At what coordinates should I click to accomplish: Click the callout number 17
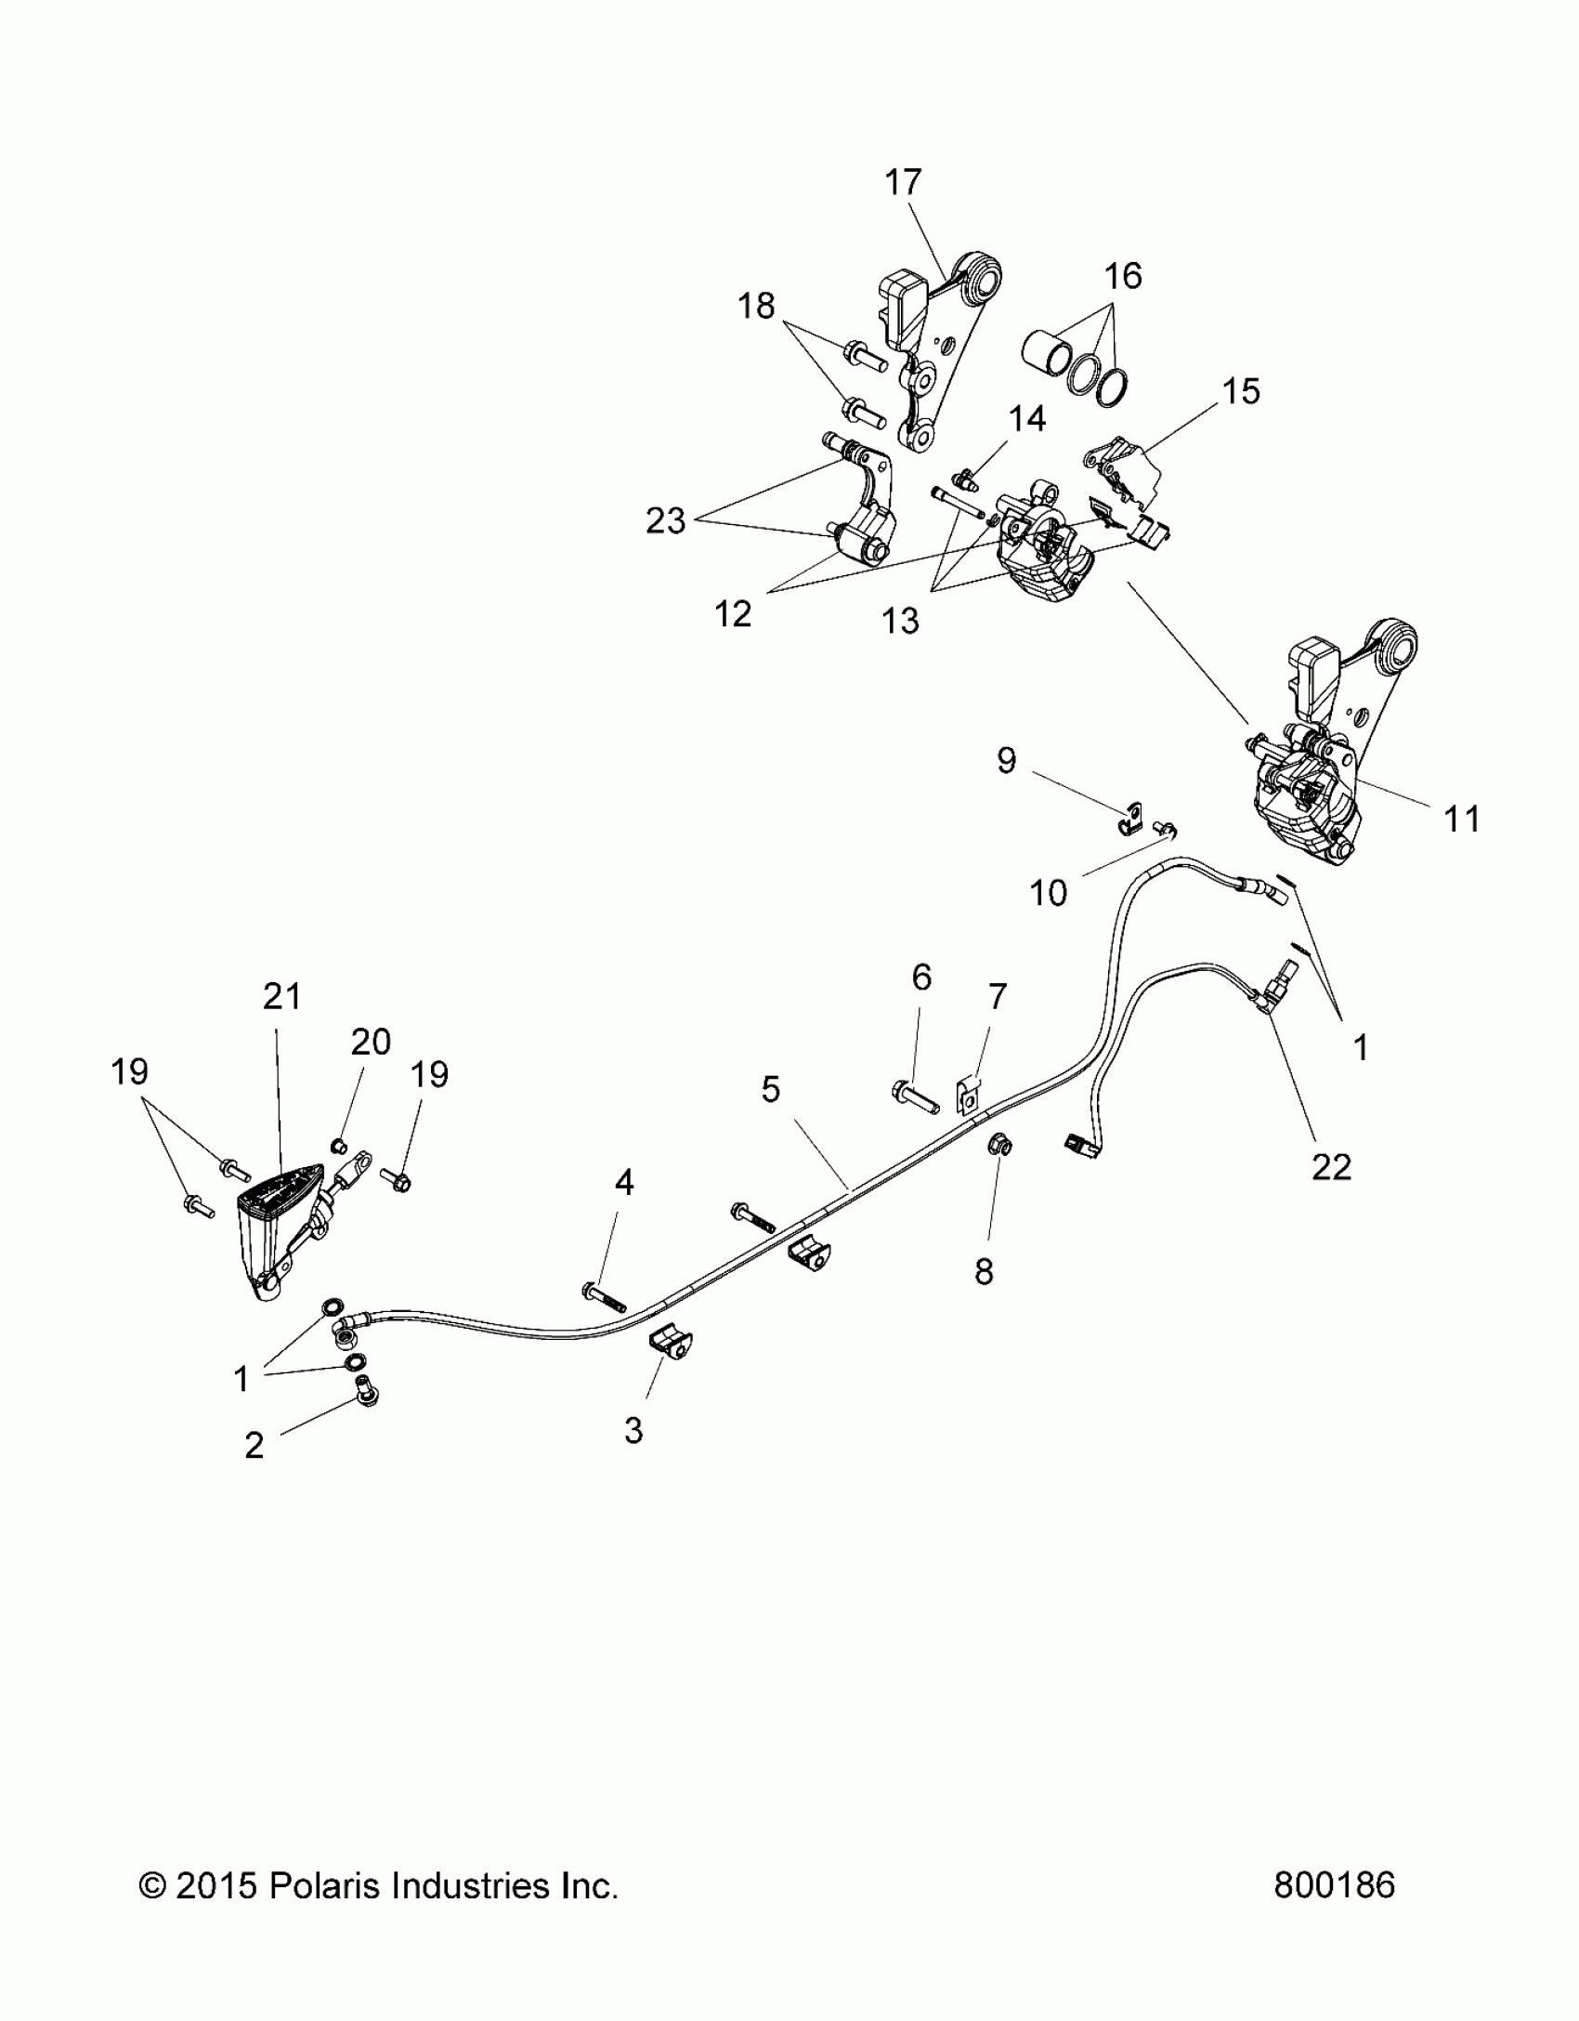click(902, 183)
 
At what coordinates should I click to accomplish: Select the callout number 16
click(1123, 276)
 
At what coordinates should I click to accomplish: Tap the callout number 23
click(665, 521)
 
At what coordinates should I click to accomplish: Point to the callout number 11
click(1462, 819)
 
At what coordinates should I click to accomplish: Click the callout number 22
click(1330, 1166)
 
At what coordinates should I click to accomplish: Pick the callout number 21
click(282, 996)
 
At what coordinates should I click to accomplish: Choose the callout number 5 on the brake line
click(770, 1089)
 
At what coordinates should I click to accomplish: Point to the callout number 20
click(371, 1042)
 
